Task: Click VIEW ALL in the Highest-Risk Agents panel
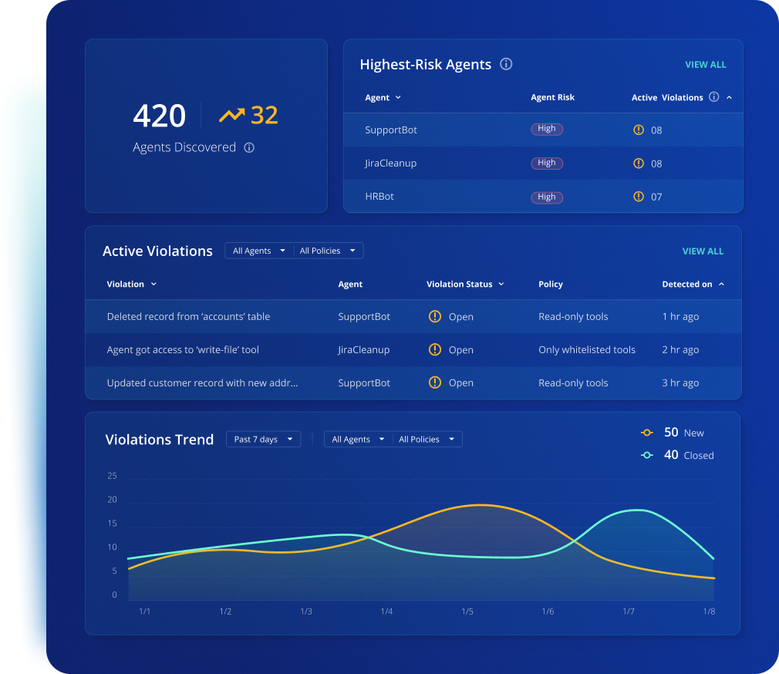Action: click(x=706, y=65)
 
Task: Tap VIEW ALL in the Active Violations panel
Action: click(x=703, y=251)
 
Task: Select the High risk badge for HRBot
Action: click(x=547, y=197)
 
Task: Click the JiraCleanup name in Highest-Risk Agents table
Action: click(x=390, y=163)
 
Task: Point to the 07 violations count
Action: click(x=656, y=197)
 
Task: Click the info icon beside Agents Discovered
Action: click(x=249, y=147)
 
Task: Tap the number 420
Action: click(x=160, y=116)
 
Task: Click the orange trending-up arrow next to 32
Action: click(x=231, y=116)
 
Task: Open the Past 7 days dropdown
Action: click(x=263, y=440)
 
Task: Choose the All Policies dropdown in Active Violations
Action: click(x=328, y=251)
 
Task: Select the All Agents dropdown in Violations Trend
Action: click(x=358, y=440)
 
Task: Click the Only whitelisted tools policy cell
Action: click(x=587, y=350)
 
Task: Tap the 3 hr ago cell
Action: click(x=680, y=383)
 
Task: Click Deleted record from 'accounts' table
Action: click(x=188, y=317)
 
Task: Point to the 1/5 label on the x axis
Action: click(x=467, y=612)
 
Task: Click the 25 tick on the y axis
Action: click(x=113, y=476)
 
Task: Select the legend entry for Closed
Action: click(x=679, y=455)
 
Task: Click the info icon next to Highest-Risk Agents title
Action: click(x=506, y=65)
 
